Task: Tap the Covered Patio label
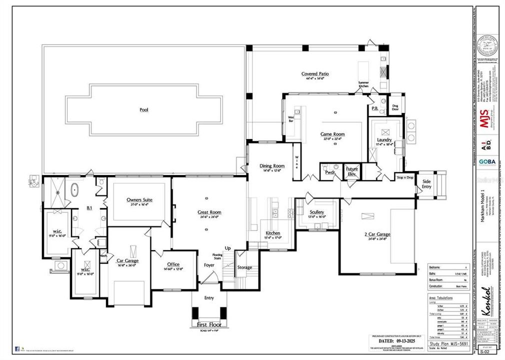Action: tap(315, 74)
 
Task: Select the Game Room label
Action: tap(332, 134)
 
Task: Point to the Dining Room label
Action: tap(271, 166)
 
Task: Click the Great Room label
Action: tap(208, 212)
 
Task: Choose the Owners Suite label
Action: tap(139, 200)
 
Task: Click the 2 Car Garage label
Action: tap(377, 234)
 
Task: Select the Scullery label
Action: tap(317, 212)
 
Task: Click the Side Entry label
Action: tap(426, 184)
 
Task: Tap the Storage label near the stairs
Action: tap(245, 267)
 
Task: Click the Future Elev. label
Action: tap(352, 171)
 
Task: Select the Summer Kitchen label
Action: tap(363, 85)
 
